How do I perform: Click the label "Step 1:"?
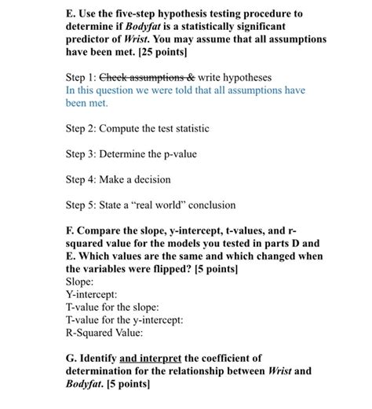82,79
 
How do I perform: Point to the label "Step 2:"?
82,127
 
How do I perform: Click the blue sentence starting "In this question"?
185,90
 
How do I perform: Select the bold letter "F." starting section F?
71,230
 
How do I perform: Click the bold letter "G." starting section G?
72,358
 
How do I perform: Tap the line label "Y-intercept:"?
93,293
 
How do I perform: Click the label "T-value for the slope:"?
113,306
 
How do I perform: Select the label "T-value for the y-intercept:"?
124,319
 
